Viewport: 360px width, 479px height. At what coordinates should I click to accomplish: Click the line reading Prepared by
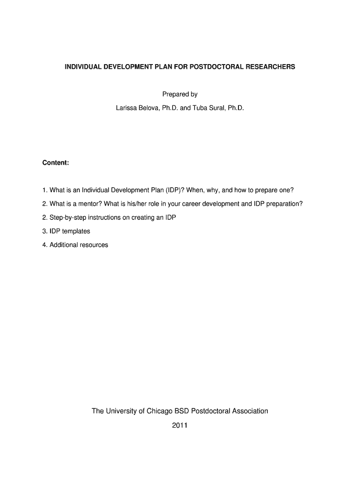point(180,94)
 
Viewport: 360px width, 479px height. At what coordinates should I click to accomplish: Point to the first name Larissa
point(127,108)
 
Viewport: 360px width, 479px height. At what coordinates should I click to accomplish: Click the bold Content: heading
point(56,163)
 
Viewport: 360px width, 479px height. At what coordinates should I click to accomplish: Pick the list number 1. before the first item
point(45,190)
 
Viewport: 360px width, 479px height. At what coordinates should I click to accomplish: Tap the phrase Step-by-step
point(65,218)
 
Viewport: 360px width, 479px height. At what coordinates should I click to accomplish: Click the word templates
point(76,231)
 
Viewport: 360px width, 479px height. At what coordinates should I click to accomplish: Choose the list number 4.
point(45,245)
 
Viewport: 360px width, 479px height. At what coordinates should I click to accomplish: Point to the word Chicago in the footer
point(160,411)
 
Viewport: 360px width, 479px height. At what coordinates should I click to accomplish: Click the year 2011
point(180,426)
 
